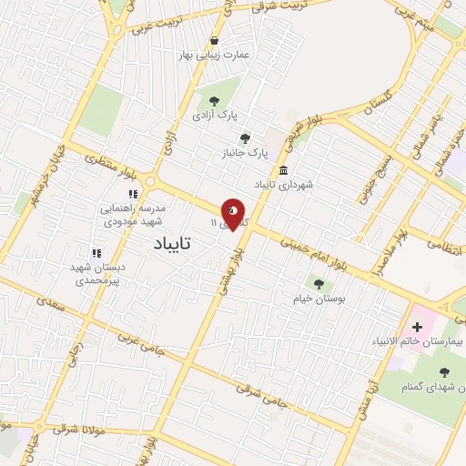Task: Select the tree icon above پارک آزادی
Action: pos(214,101)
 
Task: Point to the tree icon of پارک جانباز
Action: pos(245,138)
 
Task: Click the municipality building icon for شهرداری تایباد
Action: pos(285,170)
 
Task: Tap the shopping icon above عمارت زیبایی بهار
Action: pos(214,40)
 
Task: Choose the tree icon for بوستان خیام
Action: pos(318,283)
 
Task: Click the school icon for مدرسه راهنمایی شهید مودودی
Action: pos(133,194)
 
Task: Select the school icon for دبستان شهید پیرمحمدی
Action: pos(96,253)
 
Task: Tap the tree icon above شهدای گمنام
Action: pos(444,371)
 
